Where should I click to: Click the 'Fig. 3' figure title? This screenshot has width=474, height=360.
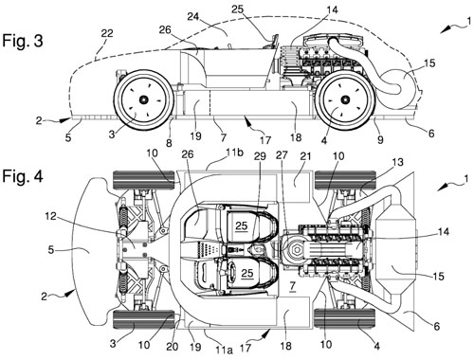click(23, 41)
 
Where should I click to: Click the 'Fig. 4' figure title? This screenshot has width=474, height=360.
click(23, 176)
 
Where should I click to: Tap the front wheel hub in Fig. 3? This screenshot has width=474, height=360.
click(144, 99)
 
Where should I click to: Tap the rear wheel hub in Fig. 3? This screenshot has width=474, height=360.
click(346, 99)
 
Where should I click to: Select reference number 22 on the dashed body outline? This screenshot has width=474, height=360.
click(107, 33)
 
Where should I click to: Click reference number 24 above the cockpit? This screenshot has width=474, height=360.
click(192, 16)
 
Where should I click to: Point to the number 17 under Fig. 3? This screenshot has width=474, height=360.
click(265, 139)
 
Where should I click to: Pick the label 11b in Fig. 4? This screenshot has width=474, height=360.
click(234, 153)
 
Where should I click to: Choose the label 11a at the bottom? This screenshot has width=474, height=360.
click(224, 350)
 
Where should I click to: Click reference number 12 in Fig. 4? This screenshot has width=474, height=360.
click(50, 216)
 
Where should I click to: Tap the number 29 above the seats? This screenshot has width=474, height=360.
click(261, 156)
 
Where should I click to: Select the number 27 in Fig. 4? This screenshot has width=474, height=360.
click(282, 155)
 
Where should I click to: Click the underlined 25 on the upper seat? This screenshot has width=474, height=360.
click(241, 225)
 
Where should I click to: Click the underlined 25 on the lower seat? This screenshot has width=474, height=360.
click(247, 273)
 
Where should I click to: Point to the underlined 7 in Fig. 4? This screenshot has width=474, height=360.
click(292, 286)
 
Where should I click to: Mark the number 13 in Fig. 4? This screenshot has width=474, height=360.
click(397, 162)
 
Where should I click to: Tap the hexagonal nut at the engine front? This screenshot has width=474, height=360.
click(298, 249)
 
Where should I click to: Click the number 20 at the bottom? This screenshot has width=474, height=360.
click(173, 347)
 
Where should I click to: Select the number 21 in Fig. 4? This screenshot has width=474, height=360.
click(306, 156)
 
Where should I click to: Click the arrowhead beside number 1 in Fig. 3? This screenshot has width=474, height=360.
click(446, 30)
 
